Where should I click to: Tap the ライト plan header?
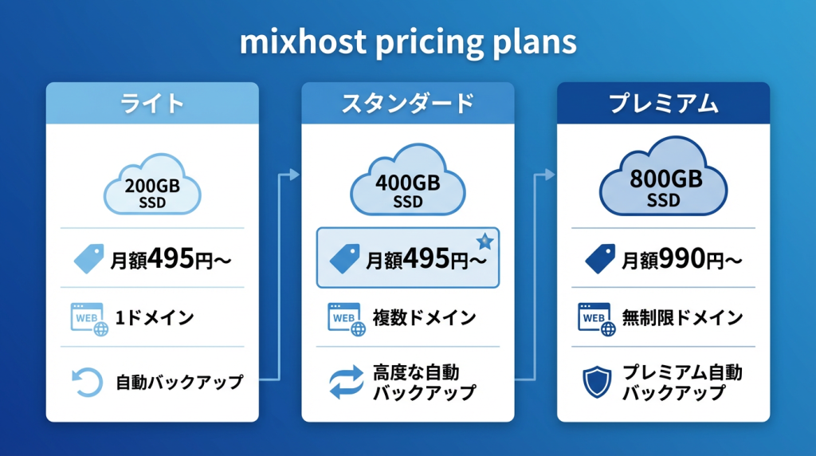click(x=152, y=103)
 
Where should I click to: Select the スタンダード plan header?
click(x=408, y=103)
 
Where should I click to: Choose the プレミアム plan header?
click(x=664, y=103)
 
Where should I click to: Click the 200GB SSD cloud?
click(x=152, y=185)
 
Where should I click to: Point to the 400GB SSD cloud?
click(x=408, y=181)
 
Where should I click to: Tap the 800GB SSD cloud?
click(x=664, y=177)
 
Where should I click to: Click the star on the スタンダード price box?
click(x=485, y=241)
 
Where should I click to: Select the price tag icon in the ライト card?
click(x=89, y=258)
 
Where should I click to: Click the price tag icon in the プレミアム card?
click(x=600, y=258)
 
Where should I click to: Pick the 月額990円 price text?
click(x=682, y=259)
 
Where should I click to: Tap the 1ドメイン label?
click(x=155, y=317)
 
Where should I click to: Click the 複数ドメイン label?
click(x=425, y=317)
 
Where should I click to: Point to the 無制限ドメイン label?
click(x=682, y=317)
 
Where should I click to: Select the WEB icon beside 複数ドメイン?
click(x=347, y=319)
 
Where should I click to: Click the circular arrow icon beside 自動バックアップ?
click(x=87, y=382)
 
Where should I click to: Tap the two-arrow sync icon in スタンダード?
click(x=347, y=382)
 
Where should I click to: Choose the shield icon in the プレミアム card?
click(x=597, y=382)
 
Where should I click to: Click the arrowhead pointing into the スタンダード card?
click(x=295, y=175)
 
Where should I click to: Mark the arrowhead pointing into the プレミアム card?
click(x=550, y=175)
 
